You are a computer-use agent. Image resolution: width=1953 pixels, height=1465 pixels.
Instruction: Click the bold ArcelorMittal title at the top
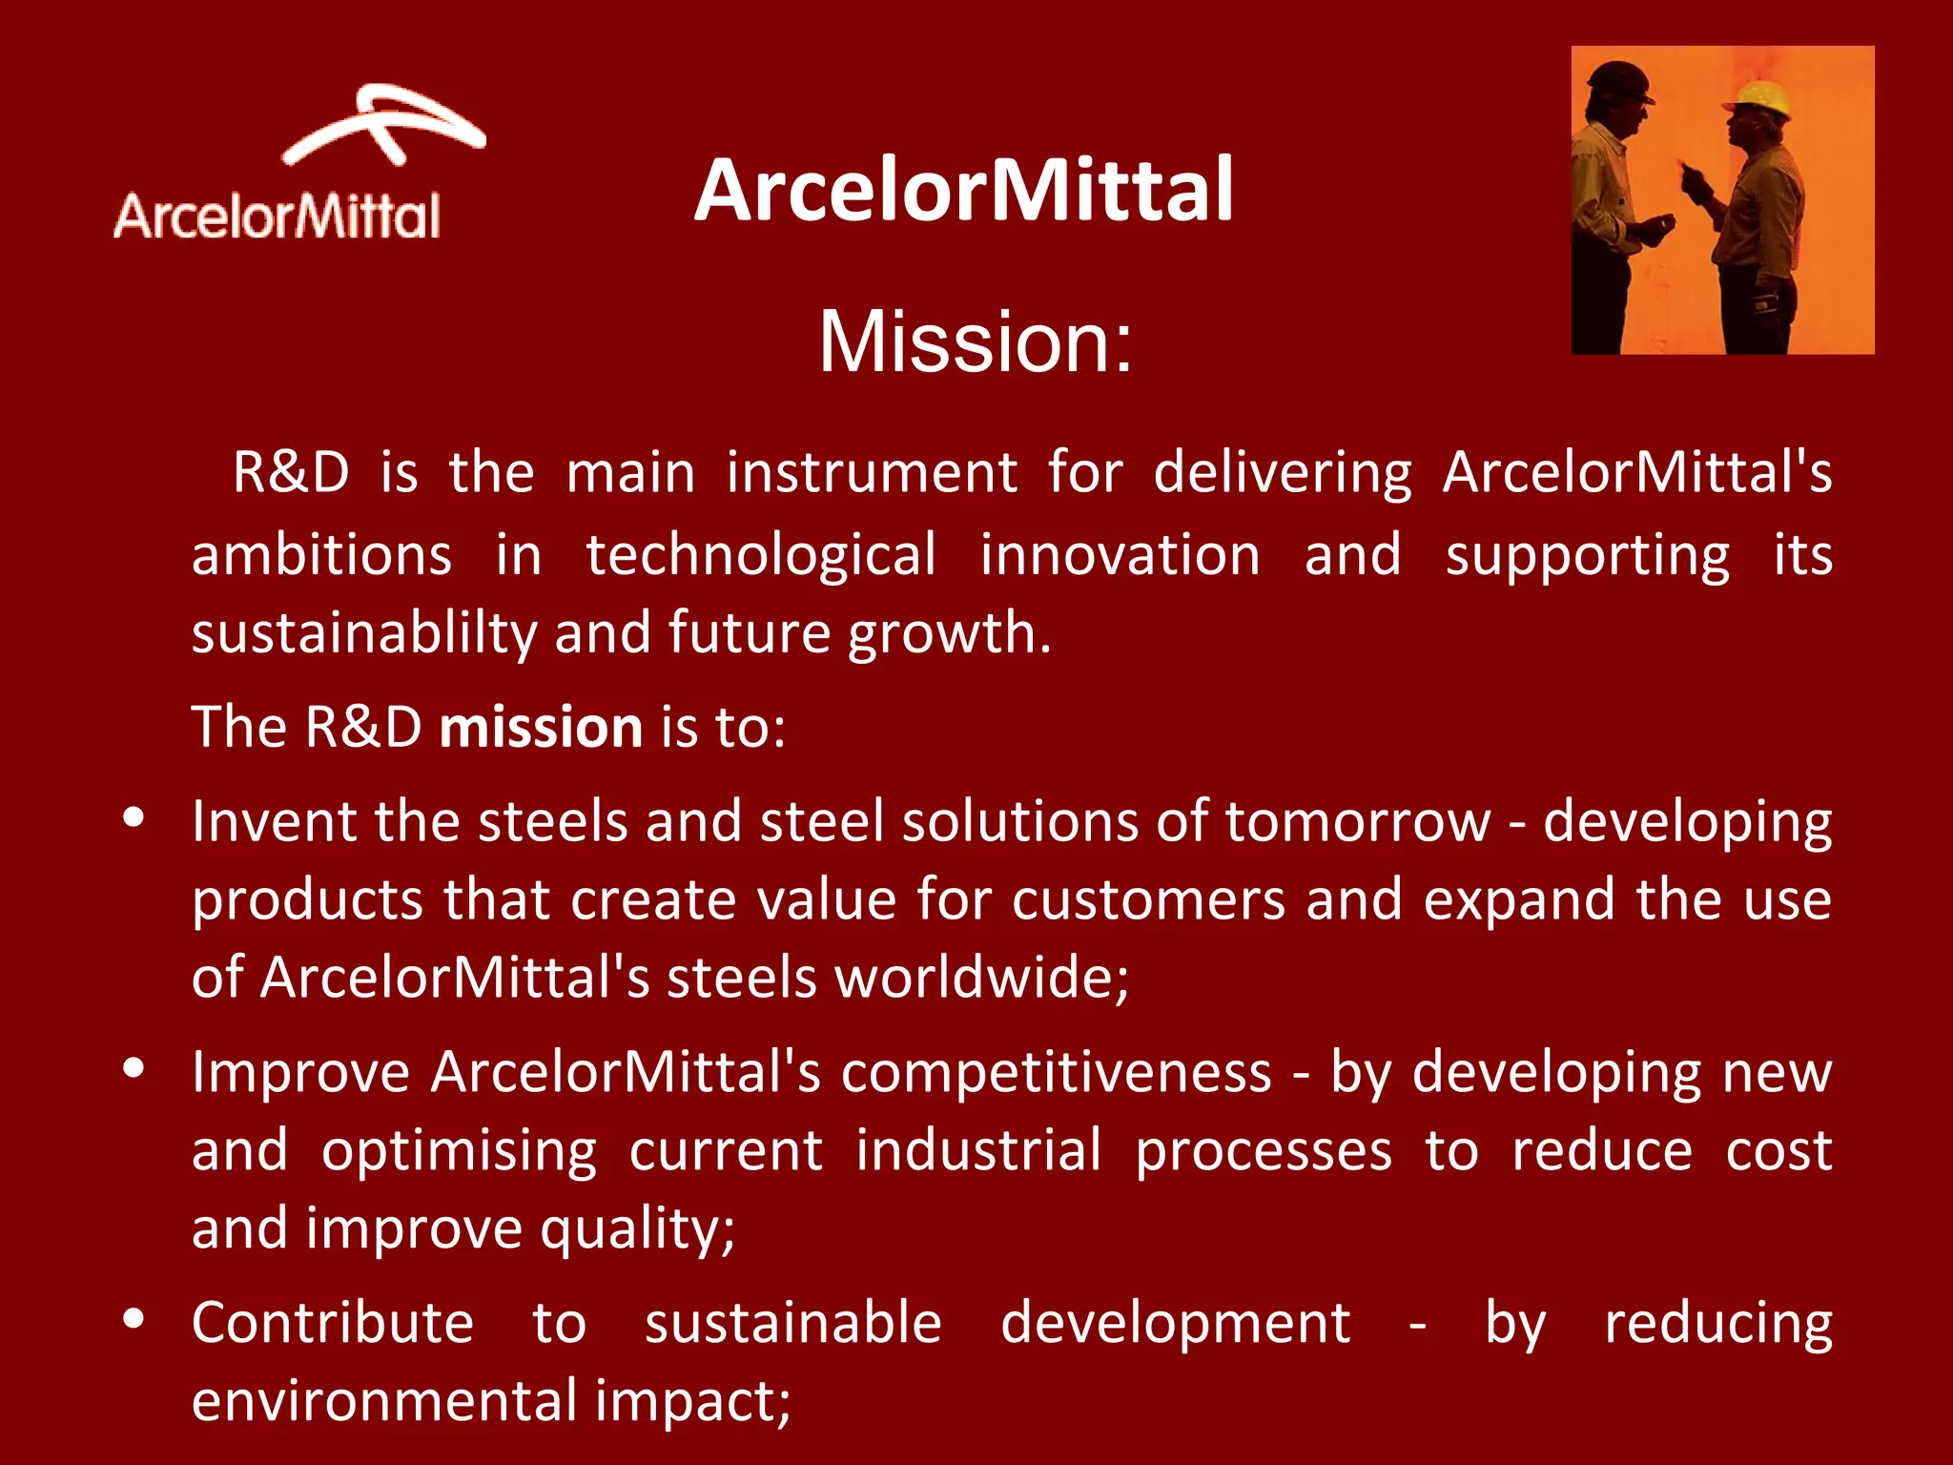point(963,191)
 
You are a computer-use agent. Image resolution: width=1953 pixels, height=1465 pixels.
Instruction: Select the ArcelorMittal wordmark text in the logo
point(277,217)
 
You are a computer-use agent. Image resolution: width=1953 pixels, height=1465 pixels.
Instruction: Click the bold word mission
point(541,728)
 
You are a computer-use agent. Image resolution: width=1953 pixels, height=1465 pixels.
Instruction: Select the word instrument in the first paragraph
point(872,473)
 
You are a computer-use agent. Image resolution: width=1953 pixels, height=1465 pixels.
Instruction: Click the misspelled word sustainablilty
point(364,633)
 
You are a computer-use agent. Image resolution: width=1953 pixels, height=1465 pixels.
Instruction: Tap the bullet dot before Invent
point(134,817)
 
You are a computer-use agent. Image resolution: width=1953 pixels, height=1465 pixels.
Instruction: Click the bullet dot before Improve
point(134,1068)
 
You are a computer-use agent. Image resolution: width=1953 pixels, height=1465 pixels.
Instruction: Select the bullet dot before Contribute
point(134,1318)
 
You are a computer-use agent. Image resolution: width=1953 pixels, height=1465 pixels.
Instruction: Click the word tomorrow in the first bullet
point(1357,821)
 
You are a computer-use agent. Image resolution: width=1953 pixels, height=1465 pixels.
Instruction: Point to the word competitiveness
point(1056,1072)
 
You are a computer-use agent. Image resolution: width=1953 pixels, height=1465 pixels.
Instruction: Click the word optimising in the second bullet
point(459,1151)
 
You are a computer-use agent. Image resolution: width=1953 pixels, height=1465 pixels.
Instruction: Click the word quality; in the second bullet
point(637,1229)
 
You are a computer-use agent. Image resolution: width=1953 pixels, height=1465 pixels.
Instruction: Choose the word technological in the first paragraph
point(760,556)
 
